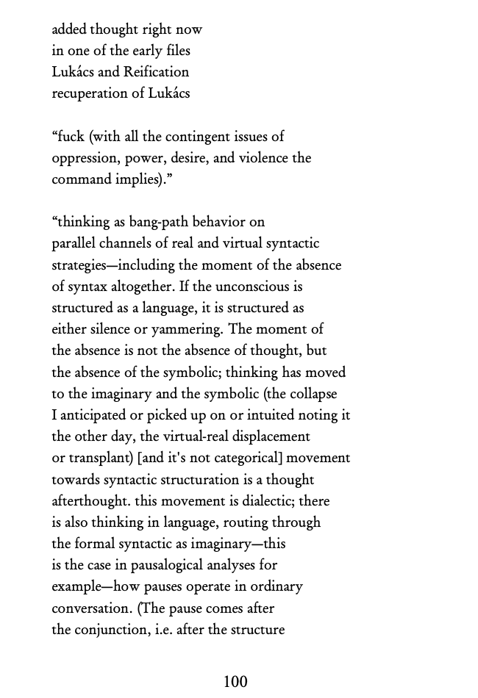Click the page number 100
tap(235, 682)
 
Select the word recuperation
tap(87, 93)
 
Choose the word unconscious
tap(257, 287)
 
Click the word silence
tap(108, 329)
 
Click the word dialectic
tap(268, 501)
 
